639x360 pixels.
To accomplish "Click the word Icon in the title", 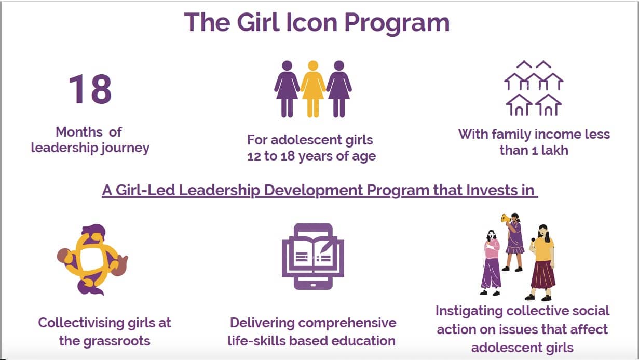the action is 312,22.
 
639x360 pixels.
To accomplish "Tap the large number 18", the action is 90,89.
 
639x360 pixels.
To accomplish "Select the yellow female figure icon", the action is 313,89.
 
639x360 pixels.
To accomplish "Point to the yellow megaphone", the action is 506,219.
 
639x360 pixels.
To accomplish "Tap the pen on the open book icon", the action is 326,246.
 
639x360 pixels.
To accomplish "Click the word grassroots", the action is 116,341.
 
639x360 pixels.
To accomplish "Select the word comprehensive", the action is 347,323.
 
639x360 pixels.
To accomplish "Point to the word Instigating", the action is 469,311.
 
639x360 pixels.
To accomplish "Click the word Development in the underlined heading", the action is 314,190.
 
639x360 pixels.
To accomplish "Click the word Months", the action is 79,132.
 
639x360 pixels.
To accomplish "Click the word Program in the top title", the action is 397,23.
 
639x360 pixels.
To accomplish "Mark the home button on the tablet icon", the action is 313,285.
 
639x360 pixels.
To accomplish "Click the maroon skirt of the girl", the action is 543,275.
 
